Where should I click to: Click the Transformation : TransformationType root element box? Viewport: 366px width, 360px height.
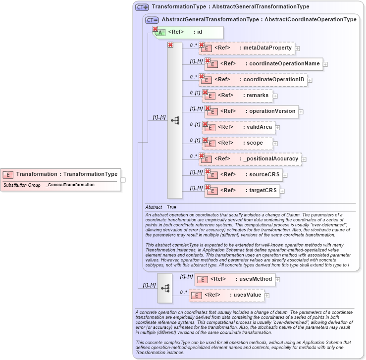tap(60, 174)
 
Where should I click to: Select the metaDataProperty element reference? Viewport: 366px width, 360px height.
tap(247, 48)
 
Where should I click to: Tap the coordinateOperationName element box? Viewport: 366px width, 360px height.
tap(263, 63)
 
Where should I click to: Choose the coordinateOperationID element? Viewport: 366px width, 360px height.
tap(253, 79)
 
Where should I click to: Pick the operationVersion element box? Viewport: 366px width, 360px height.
tap(252, 111)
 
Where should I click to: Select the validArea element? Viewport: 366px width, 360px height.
tap(239, 127)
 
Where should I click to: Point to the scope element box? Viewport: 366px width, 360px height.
tap(238, 143)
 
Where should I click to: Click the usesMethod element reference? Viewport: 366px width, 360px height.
tap(235, 279)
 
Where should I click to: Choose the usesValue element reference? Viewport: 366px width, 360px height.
tap(227, 295)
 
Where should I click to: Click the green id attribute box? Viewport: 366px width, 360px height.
tap(189, 32)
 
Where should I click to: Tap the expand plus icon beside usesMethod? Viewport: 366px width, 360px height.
tap(277, 280)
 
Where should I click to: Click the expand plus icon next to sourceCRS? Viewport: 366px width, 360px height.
tap(285, 175)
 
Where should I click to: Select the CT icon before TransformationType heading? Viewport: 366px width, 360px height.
tap(142, 7)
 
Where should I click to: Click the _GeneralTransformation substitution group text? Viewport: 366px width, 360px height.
tap(70, 185)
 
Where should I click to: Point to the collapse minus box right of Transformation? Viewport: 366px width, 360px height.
tap(123, 180)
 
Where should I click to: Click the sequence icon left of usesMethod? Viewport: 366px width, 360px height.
tap(165, 288)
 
